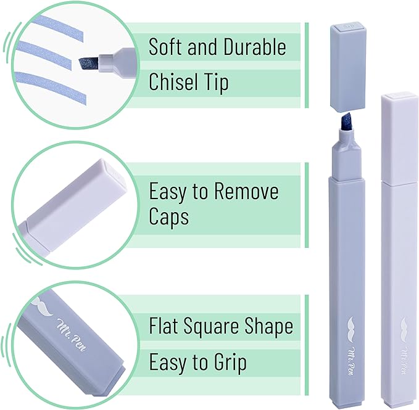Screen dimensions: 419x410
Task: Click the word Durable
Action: click(255, 47)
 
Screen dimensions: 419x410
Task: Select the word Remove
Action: click(246, 191)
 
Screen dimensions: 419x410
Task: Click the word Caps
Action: click(168, 217)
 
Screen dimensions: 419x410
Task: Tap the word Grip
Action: click(230, 362)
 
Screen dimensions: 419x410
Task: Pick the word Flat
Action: click(164, 326)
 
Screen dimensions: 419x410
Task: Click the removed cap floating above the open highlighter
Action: click(347, 66)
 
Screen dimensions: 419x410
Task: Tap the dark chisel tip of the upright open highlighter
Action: click(345, 122)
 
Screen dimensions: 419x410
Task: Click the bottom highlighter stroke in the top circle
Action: click(51, 86)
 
